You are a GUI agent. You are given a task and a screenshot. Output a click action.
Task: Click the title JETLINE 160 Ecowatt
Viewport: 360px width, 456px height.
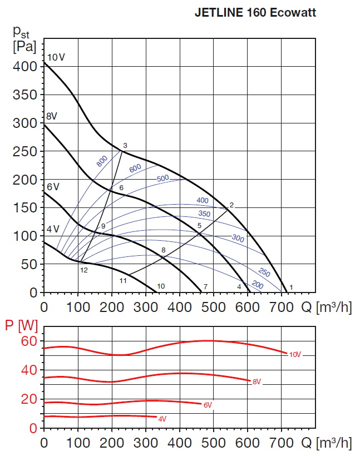click(x=255, y=12)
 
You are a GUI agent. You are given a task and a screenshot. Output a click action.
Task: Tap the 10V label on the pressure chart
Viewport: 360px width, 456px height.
click(x=56, y=57)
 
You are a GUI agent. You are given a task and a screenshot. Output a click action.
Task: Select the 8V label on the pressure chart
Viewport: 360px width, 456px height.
click(x=52, y=116)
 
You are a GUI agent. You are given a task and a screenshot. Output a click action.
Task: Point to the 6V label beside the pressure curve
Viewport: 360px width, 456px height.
click(x=52, y=186)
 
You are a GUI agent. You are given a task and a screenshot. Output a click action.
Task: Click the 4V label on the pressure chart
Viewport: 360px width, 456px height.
click(x=52, y=229)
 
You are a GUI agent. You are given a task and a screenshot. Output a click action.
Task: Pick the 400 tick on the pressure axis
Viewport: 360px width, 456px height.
click(x=24, y=66)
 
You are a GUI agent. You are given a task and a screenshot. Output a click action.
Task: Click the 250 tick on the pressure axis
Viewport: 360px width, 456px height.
click(x=24, y=151)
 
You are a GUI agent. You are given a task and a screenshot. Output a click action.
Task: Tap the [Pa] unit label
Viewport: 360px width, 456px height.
click(x=23, y=47)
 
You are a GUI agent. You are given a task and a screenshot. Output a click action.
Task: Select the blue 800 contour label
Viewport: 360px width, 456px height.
click(x=101, y=161)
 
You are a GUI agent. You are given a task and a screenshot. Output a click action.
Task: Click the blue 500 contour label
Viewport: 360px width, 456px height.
click(x=163, y=179)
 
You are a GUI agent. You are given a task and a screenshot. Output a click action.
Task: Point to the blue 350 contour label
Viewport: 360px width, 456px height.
click(x=205, y=214)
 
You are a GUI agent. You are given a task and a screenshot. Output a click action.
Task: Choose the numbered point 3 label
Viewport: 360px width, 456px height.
click(x=125, y=146)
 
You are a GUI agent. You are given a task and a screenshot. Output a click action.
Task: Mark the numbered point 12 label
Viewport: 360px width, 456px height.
click(x=84, y=270)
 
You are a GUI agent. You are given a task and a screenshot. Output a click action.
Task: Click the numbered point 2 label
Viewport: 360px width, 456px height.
click(x=231, y=205)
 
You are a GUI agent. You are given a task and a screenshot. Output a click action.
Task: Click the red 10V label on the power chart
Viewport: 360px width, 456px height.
click(x=295, y=354)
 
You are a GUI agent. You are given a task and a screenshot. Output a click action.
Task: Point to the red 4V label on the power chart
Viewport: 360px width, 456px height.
click(x=162, y=418)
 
